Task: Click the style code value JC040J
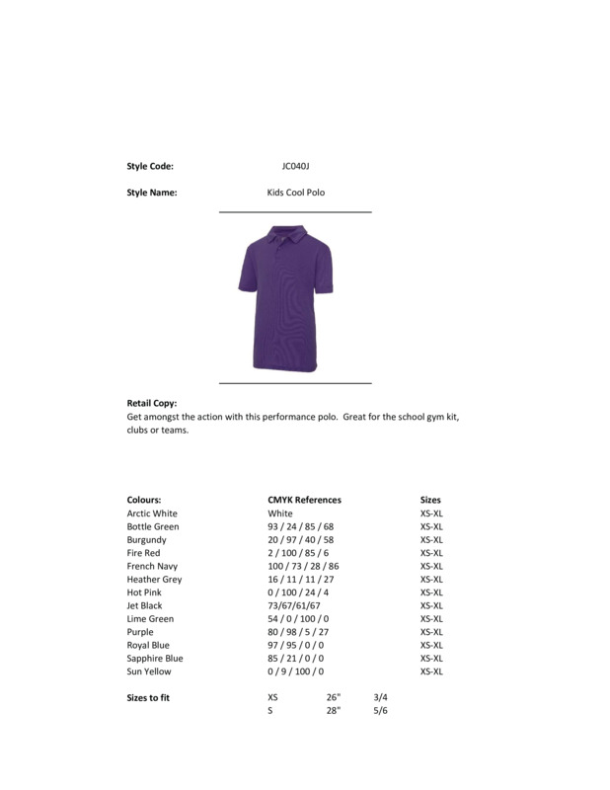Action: pos(295,167)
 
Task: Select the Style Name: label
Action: pos(152,193)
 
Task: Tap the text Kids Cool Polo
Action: pos(295,193)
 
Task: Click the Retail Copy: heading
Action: pos(152,404)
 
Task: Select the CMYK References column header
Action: pos(304,501)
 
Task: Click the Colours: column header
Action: pos(144,501)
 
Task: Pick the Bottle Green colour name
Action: pos(153,527)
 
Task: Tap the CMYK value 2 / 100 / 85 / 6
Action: pos(296,553)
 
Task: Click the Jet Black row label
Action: pos(144,605)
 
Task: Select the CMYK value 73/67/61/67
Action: pos(294,605)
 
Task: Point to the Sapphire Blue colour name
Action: pos(155,659)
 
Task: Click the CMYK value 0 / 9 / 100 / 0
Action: pos(296,671)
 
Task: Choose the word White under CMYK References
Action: pos(280,513)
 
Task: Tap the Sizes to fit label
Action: pos(149,697)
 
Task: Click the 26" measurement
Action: pos(334,697)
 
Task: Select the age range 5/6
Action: pos(381,711)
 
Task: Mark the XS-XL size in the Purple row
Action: pos(431,632)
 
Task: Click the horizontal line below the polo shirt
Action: pos(294,382)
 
